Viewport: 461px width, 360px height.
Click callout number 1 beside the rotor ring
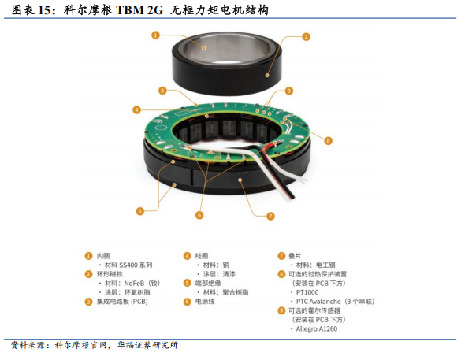(x=155, y=35)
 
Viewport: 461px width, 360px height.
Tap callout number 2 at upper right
(x=306, y=37)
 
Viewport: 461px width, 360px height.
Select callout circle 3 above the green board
(x=162, y=91)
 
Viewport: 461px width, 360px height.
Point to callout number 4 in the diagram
(x=136, y=110)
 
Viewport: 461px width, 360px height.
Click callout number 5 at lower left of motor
(x=140, y=211)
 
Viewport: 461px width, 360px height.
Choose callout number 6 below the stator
(x=199, y=215)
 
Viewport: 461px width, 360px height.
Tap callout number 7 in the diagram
(x=270, y=217)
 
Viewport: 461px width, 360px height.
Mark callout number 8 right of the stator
(x=328, y=140)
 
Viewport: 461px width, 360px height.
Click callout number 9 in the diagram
(x=289, y=91)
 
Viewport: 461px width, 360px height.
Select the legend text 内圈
(x=103, y=256)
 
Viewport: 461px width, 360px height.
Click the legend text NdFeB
(x=134, y=284)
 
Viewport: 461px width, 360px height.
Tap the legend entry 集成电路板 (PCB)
(x=122, y=302)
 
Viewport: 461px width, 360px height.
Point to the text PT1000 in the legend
(x=307, y=292)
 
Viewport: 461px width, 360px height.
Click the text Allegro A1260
(x=317, y=328)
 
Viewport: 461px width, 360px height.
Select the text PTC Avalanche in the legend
(x=318, y=302)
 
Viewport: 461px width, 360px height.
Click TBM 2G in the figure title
(x=139, y=10)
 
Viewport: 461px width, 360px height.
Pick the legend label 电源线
(x=205, y=302)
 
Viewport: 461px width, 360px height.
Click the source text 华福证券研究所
(x=147, y=345)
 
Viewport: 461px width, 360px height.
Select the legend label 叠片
(x=295, y=256)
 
